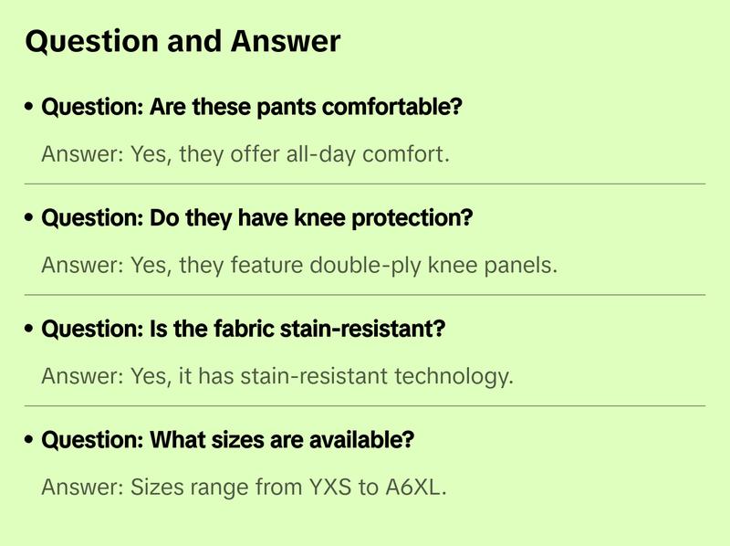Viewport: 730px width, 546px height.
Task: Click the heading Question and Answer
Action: [182, 42]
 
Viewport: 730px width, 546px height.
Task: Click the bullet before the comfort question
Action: [30, 108]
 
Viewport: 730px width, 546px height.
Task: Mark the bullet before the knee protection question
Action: [30, 219]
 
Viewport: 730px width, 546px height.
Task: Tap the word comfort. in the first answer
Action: [407, 154]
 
